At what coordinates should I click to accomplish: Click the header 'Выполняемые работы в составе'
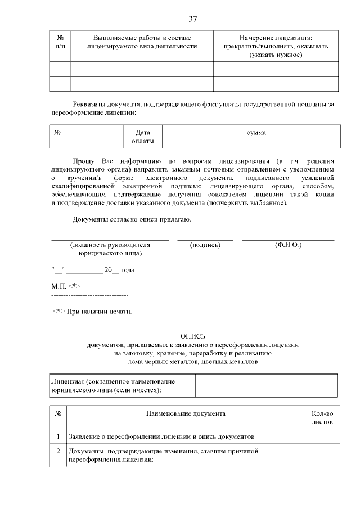pyautogui.click(x=142, y=38)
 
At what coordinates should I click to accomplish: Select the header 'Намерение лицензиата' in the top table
pyautogui.click(x=276, y=38)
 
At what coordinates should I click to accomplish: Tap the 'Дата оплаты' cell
pyautogui.click(x=142, y=137)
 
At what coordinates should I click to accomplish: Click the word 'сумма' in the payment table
pyautogui.click(x=256, y=132)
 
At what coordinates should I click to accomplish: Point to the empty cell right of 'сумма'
pyautogui.click(x=305, y=137)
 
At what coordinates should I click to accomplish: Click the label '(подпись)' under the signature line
pyautogui.click(x=205, y=245)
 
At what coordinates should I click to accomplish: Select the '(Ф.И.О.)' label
pyautogui.click(x=288, y=245)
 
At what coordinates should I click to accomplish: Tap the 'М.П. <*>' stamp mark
pyautogui.click(x=66, y=286)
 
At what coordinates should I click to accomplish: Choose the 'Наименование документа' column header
pyautogui.click(x=186, y=414)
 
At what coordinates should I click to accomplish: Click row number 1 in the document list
pyautogui.click(x=58, y=436)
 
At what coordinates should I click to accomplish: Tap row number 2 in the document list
pyautogui.click(x=58, y=451)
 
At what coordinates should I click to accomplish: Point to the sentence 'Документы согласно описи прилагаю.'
pyautogui.click(x=132, y=219)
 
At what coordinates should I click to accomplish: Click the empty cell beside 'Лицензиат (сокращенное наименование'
pyautogui.click(x=266, y=385)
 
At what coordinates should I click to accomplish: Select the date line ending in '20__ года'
pyautogui.click(x=93, y=270)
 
